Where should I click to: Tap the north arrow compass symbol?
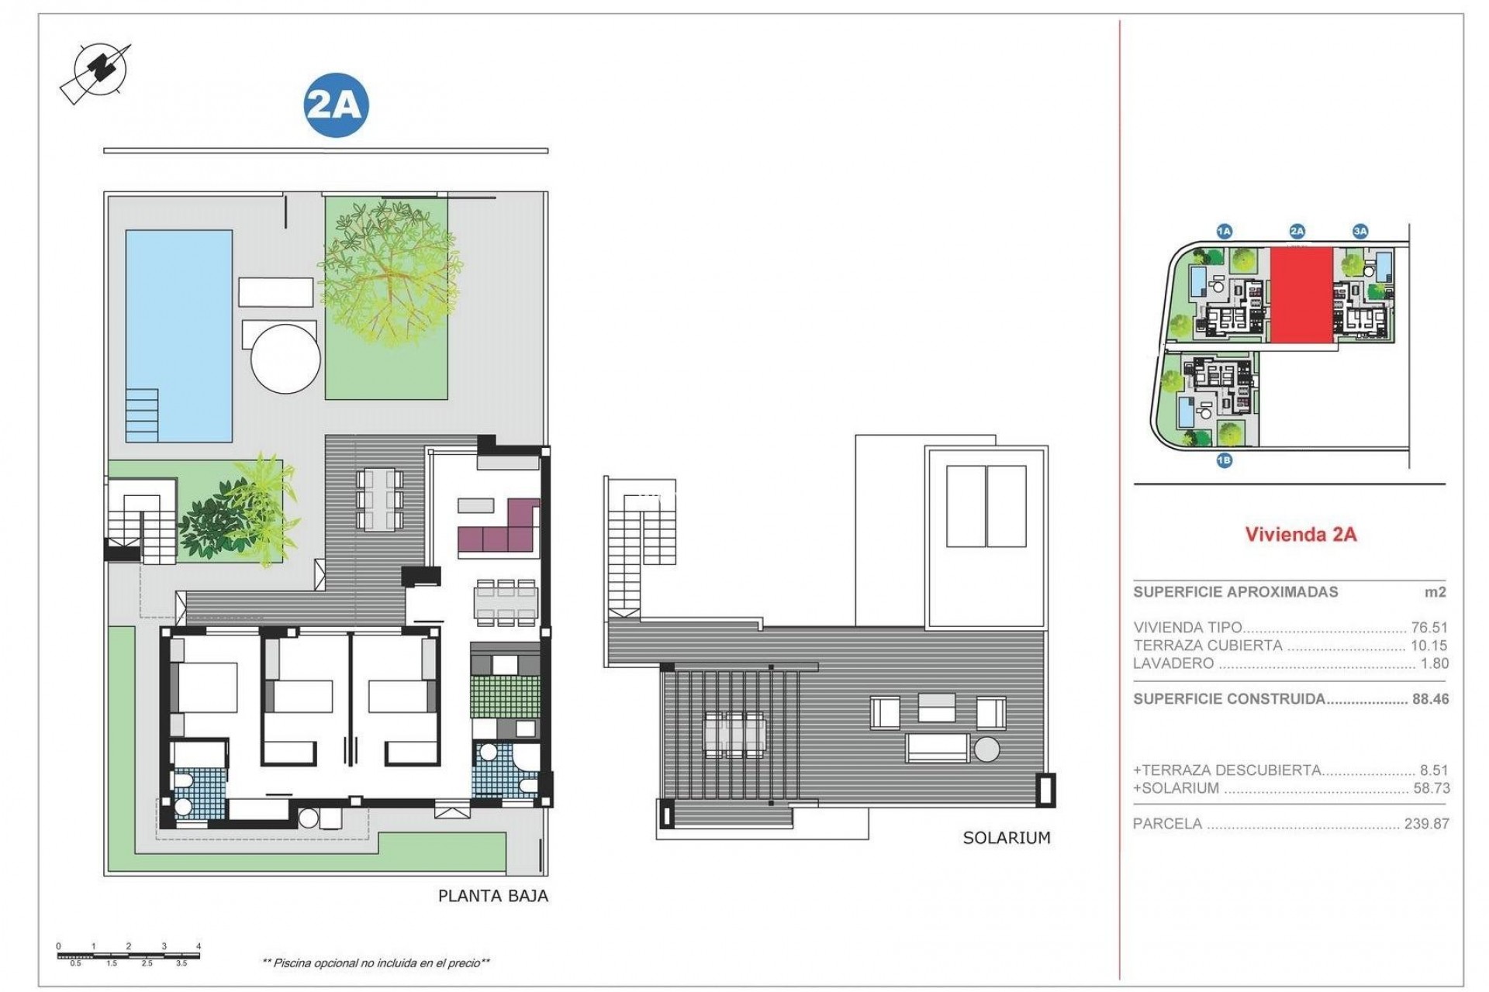97,71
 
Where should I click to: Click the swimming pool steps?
143,413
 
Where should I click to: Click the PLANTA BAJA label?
493,896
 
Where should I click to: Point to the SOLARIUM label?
1006,838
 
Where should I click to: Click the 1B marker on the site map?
1224,460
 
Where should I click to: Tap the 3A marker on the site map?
1359,231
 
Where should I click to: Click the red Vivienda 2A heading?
1301,534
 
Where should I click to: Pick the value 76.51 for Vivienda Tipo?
1429,628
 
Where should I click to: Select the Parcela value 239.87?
1426,824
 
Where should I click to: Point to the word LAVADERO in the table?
1173,663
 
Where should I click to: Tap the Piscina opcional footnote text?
376,963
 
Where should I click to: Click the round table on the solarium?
987,749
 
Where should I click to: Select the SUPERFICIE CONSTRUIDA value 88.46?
1430,699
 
